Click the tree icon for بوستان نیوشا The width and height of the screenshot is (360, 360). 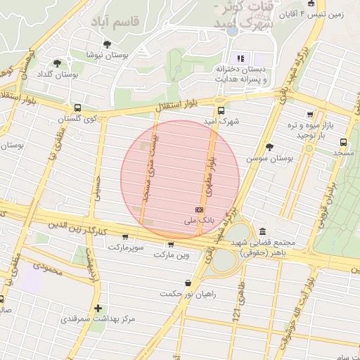pos(107,44)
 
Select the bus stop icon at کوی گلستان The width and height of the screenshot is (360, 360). pos(77,108)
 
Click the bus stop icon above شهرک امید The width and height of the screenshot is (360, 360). pos(221,110)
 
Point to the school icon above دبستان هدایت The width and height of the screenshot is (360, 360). pos(239,58)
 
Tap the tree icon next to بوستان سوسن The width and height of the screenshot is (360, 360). pos(270,147)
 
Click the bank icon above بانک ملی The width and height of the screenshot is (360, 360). pos(199,210)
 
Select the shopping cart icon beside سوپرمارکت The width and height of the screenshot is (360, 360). pos(125,238)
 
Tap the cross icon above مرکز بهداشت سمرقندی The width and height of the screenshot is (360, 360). pos(98,308)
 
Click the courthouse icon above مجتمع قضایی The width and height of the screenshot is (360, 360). pos(262,231)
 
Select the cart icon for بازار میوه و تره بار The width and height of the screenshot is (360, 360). pos(309,115)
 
